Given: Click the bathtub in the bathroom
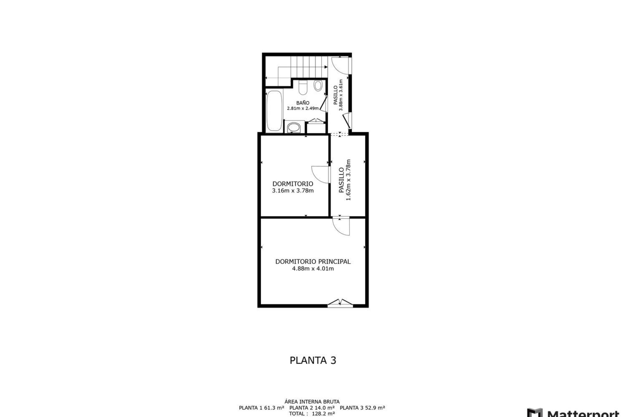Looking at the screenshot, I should coord(274,111).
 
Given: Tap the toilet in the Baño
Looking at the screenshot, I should coord(303,87).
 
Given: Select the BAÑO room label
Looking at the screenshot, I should coord(303,103).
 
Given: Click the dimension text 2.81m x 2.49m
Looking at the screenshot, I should coord(303,108).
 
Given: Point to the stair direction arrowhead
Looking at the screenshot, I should coord(326,67).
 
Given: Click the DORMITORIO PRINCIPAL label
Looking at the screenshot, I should coord(313,261).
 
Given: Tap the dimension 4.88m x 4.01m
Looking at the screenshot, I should coord(313,269).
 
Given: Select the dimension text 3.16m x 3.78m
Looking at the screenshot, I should coord(292,191).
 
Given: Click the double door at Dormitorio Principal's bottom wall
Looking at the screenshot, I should coord(340,303).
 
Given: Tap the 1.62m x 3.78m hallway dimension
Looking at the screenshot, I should coord(348,180).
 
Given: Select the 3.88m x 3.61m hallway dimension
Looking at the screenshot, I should coord(341,95).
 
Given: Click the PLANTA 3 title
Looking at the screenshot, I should coord(313,360).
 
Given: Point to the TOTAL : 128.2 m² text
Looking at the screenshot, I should coord(312,414).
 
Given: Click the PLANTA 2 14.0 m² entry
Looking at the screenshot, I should coord(312,408).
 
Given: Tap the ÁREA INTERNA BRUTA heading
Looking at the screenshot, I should coord(312,402).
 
